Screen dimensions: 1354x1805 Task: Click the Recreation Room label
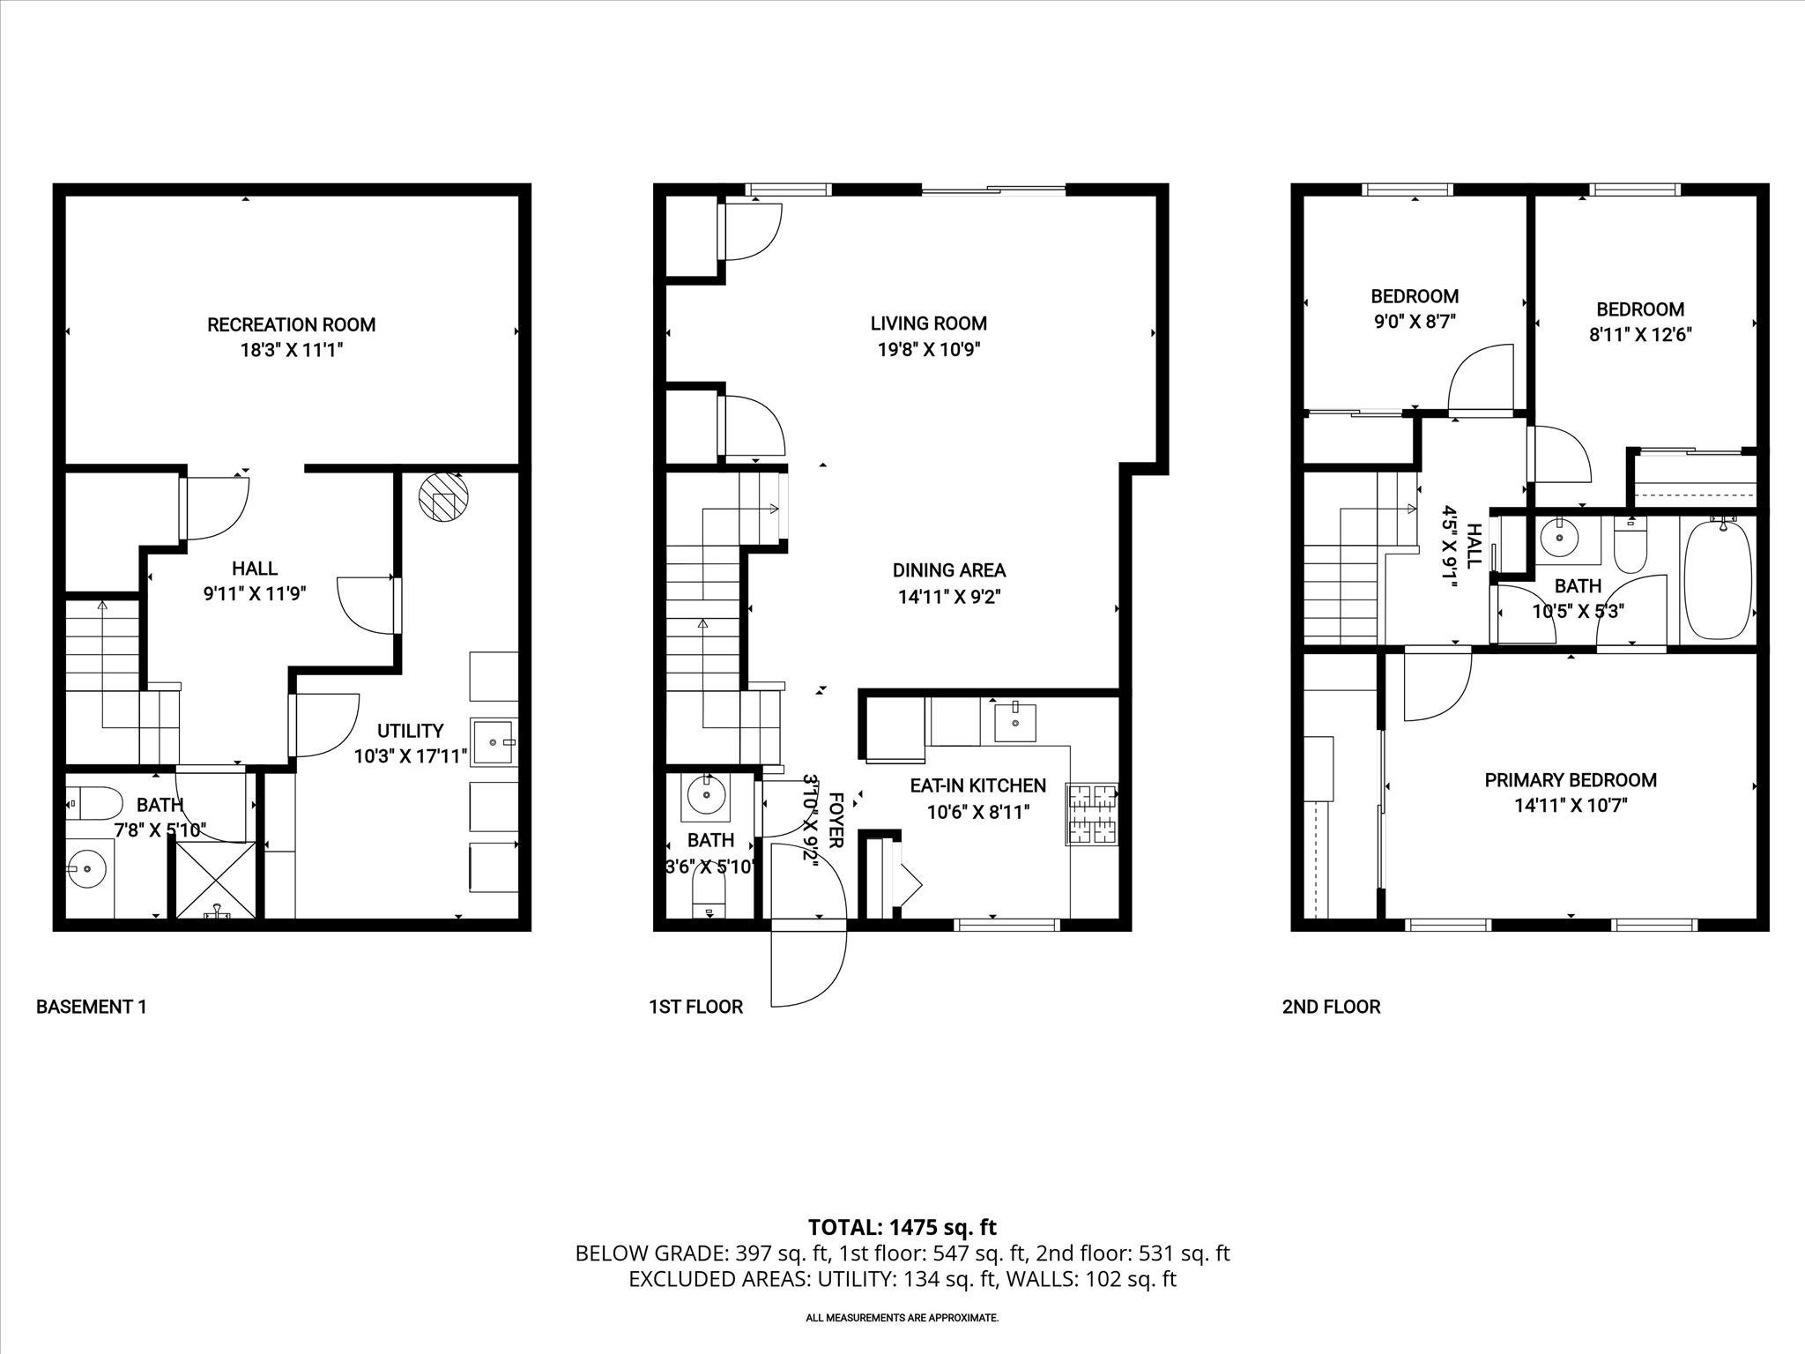click(x=291, y=324)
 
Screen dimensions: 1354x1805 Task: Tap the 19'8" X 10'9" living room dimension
click(x=928, y=349)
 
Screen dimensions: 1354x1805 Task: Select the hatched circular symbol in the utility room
click(x=443, y=498)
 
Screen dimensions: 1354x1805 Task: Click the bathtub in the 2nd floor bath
click(x=1717, y=582)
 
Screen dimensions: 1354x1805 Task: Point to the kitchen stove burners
click(x=1093, y=813)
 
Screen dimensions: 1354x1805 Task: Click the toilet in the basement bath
click(x=94, y=803)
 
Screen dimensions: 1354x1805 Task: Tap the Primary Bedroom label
click(x=1571, y=780)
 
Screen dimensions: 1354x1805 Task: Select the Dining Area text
click(x=949, y=570)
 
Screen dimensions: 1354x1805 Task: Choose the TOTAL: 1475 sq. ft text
click(x=902, y=1227)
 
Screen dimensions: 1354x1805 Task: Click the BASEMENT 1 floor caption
click(x=91, y=1007)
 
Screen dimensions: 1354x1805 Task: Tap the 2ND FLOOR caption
click(x=1331, y=1007)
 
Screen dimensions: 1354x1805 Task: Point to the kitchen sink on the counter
click(x=1015, y=722)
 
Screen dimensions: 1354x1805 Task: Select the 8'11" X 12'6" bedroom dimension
click(x=1640, y=335)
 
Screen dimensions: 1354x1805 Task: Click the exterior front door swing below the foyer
click(x=806, y=968)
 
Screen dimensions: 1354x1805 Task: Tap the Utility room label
click(x=410, y=731)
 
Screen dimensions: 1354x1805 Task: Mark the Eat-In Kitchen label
click(x=977, y=785)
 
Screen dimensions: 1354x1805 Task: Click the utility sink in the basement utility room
click(x=494, y=741)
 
